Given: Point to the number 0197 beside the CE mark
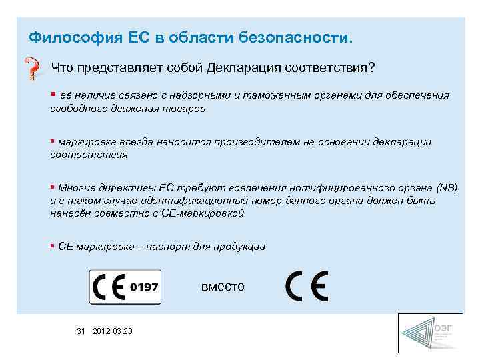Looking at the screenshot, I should pyautogui.click(x=144, y=287).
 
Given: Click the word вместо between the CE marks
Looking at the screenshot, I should pyautogui.click(x=223, y=287).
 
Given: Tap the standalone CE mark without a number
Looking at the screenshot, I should pyautogui.click(x=306, y=287).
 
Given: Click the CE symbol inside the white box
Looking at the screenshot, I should pyautogui.click(x=109, y=287).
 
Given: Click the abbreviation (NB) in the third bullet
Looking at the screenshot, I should pyautogui.click(x=447, y=188).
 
